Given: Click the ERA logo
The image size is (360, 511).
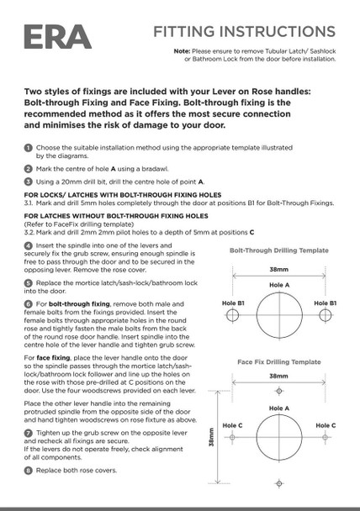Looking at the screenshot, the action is click(58, 37).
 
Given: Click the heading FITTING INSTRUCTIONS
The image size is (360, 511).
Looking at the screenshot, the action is click(244, 32).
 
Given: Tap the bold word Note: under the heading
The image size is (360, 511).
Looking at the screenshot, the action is click(182, 51).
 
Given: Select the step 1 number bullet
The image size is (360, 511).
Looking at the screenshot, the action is click(29, 148).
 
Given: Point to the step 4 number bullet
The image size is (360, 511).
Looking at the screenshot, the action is click(29, 245).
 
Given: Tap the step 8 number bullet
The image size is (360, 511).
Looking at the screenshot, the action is click(29, 471).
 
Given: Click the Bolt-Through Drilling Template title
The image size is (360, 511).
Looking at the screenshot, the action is click(279, 250).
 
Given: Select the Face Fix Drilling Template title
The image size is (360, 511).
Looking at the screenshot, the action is click(279, 361).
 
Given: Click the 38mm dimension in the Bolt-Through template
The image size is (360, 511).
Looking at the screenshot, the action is click(278, 270).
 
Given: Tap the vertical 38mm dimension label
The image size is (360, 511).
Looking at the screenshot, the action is click(211, 437).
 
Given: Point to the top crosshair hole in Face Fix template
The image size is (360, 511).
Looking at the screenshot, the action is click(278, 391).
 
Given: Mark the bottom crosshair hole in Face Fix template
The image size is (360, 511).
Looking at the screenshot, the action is click(278, 483).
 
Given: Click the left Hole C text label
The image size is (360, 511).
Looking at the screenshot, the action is click(232, 425).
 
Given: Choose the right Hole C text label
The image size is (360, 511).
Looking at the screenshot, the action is click(326, 425).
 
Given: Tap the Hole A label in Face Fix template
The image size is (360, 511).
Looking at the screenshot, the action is click(279, 408).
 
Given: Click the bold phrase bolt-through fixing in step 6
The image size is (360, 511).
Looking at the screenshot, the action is click(79, 304).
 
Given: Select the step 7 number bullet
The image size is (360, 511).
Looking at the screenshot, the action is click(29, 433).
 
